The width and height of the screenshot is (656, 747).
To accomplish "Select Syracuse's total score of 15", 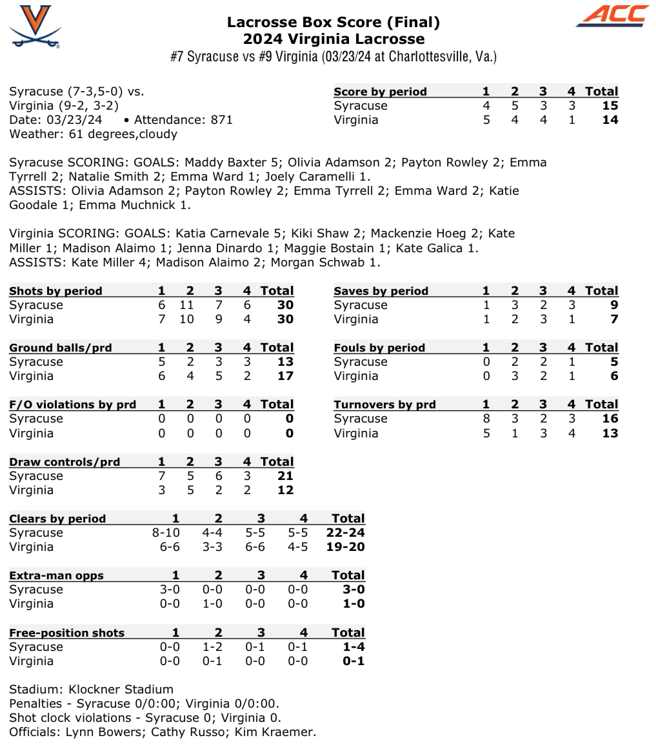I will [610, 106].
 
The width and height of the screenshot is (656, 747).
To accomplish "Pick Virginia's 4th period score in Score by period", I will [572, 120].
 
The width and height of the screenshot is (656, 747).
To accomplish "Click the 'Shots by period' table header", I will [55, 291].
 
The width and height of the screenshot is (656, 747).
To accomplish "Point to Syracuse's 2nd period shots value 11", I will [190, 305].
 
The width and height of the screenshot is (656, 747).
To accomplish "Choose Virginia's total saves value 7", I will [614, 319].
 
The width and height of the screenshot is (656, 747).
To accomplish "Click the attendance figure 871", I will [222, 120].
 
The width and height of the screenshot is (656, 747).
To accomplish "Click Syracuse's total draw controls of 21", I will [285, 476].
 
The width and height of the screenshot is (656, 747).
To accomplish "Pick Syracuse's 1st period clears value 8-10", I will [166, 533].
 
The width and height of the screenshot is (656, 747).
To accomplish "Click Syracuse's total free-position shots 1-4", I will [352, 647].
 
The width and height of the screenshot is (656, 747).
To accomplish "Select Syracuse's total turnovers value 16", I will [610, 419].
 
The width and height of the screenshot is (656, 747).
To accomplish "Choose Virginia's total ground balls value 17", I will [285, 376].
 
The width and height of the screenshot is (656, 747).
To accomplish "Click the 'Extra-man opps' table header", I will [56, 575].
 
